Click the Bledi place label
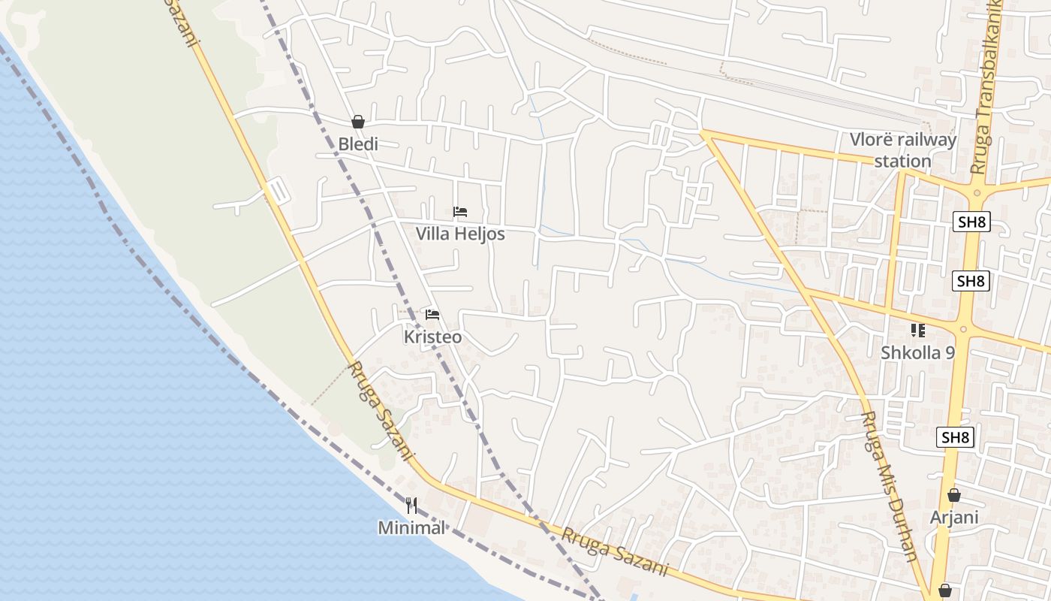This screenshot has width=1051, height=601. pyautogui.click(x=358, y=143)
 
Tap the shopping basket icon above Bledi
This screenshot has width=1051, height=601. pyautogui.click(x=358, y=122)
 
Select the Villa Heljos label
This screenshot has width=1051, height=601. pyautogui.click(x=460, y=234)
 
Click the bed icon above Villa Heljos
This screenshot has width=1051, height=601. pyautogui.click(x=460, y=212)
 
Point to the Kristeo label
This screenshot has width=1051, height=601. pyautogui.click(x=432, y=337)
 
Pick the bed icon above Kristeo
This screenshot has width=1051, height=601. pyautogui.click(x=432, y=315)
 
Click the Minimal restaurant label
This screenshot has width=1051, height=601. pyautogui.click(x=411, y=527)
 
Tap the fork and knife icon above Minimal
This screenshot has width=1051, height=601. pyautogui.click(x=411, y=506)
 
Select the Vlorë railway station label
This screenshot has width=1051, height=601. pyautogui.click(x=903, y=150)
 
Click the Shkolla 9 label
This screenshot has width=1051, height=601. pyautogui.click(x=917, y=352)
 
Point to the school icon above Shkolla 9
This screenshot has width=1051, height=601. pyautogui.click(x=917, y=330)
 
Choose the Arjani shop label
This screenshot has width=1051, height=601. pyautogui.click(x=954, y=517)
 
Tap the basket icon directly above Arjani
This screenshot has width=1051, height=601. pyautogui.click(x=954, y=495)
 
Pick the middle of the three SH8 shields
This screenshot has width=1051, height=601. pyautogui.click(x=971, y=281)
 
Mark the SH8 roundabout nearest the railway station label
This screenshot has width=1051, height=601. pyautogui.click(x=976, y=192)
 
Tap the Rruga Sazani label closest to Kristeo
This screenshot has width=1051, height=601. pyautogui.click(x=381, y=411)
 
